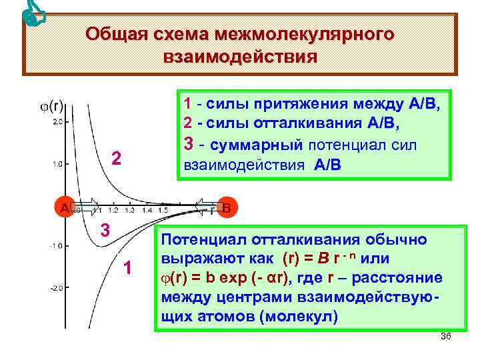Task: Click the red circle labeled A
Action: click(65, 207)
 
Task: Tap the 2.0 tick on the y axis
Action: click(58, 122)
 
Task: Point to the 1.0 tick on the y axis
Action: click(58, 164)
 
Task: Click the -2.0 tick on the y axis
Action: click(57, 288)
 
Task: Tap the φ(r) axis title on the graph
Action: click(52, 105)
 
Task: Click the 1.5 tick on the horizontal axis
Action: click(163, 210)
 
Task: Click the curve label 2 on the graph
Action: click(116, 158)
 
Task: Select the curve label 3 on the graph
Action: click(105, 230)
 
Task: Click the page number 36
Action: click(446, 336)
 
